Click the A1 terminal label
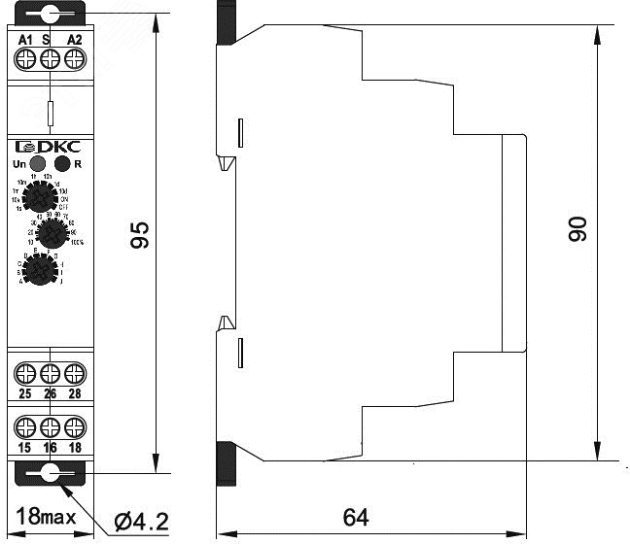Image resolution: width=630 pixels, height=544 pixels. tap(26, 39)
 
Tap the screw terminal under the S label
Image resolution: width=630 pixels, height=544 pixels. tap(50, 59)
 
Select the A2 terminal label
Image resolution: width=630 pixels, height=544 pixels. tap(74, 39)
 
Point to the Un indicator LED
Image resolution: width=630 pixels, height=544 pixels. tap(38, 164)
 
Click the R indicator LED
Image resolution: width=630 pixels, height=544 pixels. tap(62, 164)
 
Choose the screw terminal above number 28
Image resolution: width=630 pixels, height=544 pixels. tap(74, 372)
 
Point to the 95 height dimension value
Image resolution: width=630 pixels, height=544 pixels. tap(142, 236)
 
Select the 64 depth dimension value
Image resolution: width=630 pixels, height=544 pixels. tap(356, 517)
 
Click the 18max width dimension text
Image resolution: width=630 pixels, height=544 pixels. tap(47, 517)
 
